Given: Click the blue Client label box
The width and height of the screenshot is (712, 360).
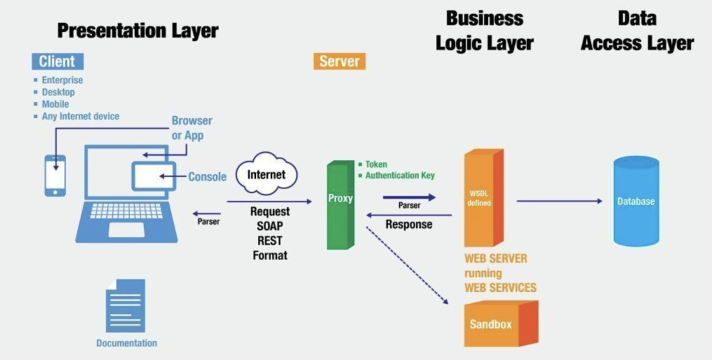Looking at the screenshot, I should click(57, 61).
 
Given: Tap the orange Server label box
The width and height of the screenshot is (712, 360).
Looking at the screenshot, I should click(339, 61).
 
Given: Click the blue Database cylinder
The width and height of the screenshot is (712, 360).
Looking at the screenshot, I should click(636, 202).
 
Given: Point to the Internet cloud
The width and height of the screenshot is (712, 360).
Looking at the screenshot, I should click(266, 174).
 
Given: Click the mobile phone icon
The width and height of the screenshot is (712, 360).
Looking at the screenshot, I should click(55, 174).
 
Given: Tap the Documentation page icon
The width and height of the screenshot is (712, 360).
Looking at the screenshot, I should click(125, 306).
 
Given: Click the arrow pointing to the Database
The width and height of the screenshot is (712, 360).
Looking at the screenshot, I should click(560, 202).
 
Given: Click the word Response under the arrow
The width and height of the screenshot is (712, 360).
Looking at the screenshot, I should click(409, 224).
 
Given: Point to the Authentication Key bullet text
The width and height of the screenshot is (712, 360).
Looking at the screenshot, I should click(400, 176).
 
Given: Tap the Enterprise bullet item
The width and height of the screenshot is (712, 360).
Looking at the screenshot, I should click(62, 80).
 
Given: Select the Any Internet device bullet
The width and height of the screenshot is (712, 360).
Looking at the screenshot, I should click(80, 116).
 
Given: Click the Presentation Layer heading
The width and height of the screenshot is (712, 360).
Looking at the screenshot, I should click(138, 31).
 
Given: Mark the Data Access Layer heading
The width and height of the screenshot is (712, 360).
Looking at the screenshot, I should click(637, 31).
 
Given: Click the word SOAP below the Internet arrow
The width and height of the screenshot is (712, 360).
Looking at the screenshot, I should click(270, 226).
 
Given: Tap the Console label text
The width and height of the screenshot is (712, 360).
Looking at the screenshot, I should click(207, 177).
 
